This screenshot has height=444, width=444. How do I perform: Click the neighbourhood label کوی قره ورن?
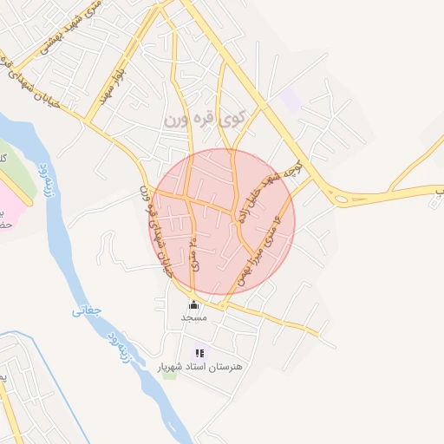[x=200, y=117]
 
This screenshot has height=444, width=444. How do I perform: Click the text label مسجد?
[x=193, y=318]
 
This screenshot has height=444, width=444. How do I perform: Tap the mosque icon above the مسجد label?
[x=193, y=305]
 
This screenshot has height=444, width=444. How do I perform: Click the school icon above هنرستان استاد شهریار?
[x=199, y=353]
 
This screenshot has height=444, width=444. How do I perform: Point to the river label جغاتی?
[x=86, y=307]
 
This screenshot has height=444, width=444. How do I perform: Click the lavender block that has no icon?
[x=291, y=101]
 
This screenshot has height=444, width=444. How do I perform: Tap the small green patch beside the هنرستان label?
[x=168, y=374]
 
